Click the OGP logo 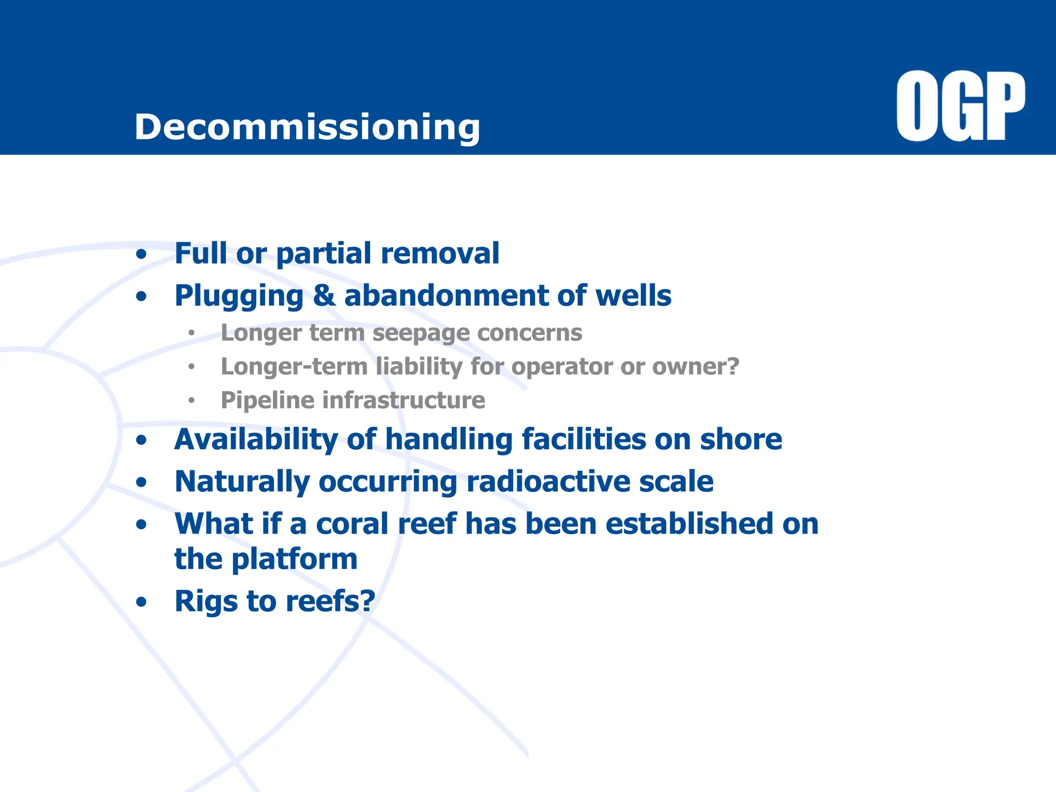tap(961, 106)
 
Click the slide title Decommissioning tap(307, 127)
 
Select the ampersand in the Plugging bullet tap(324, 295)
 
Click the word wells tap(633, 295)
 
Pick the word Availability tap(256, 439)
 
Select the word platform tap(294, 559)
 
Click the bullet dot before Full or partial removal tap(141, 254)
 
